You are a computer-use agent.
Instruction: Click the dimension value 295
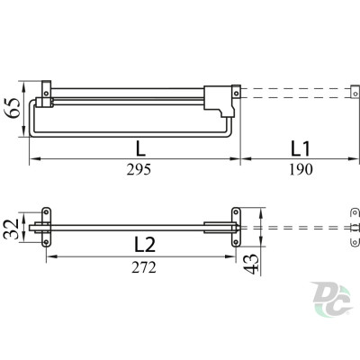139,170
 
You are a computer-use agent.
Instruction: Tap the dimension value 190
301,170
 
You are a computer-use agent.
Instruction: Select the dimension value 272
144,267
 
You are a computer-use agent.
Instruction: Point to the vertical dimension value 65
12,108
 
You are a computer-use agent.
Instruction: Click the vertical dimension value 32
11,229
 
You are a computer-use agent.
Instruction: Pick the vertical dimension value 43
251,264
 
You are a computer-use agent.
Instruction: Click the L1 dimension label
301,149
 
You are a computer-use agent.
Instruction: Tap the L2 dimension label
145,244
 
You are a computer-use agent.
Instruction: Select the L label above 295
140,148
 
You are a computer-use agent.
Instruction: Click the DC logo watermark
332,299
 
